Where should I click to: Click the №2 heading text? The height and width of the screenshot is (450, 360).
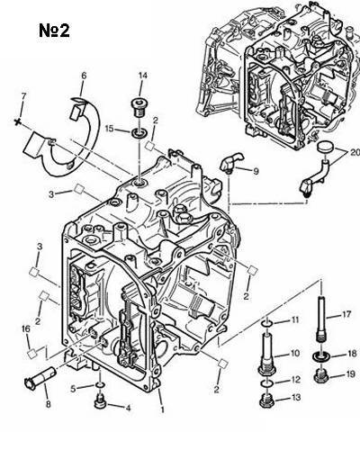[x=54, y=31]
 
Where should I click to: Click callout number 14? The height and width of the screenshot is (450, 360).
[x=143, y=76]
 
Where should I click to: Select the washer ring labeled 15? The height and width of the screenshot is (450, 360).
[x=140, y=131]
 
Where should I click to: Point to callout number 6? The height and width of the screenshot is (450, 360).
[x=84, y=76]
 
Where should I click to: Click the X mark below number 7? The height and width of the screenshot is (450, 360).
[x=18, y=121]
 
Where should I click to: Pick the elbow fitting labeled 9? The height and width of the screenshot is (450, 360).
[x=232, y=163]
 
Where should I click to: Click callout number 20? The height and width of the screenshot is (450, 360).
[x=355, y=152]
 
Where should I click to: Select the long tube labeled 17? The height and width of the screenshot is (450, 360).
[x=322, y=319]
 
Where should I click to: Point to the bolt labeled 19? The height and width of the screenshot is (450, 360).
[x=322, y=376]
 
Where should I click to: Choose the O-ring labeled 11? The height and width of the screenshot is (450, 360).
[x=267, y=324]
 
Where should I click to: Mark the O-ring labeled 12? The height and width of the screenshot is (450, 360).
[x=267, y=383]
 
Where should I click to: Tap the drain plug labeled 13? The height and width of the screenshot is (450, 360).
[x=267, y=400]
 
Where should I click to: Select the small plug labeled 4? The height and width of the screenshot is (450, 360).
[x=101, y=401]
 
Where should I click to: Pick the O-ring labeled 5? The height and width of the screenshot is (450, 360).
[x=100, y=385]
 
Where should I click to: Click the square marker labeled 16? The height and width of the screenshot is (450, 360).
[x=31, y=354]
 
